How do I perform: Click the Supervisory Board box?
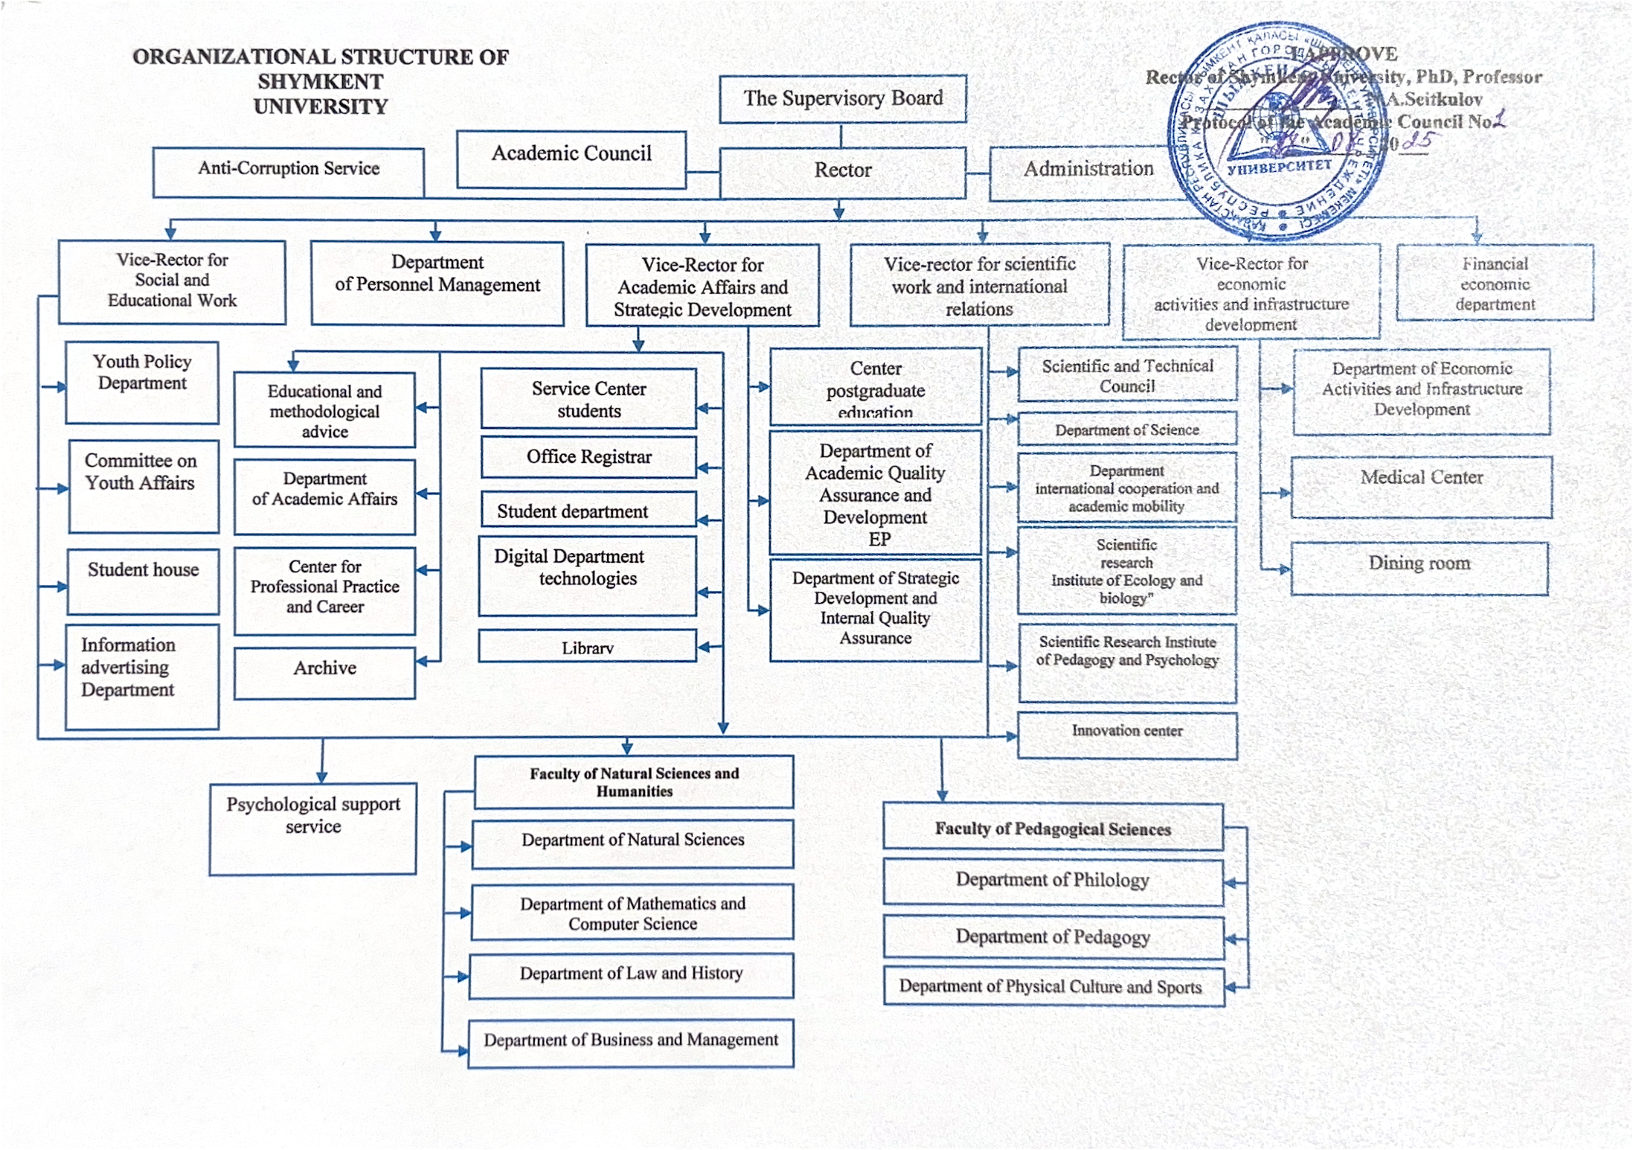click(x=843, y=99)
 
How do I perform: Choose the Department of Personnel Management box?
click(x=437, y=283)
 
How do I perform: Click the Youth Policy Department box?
click(x=142, y=382)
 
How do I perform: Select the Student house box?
click(x=143, y=580)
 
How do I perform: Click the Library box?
click(x=587, y=646)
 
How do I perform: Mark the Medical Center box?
click(x=1421, y=486)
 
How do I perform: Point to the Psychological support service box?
click(x=313, y=828)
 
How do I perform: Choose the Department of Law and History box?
click(x=631, y=975)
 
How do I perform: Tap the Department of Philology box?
click(x=1053, y=882)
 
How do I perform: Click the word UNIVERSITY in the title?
click(x=321, y=107)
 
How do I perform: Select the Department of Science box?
click(x=1127, y=429)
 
